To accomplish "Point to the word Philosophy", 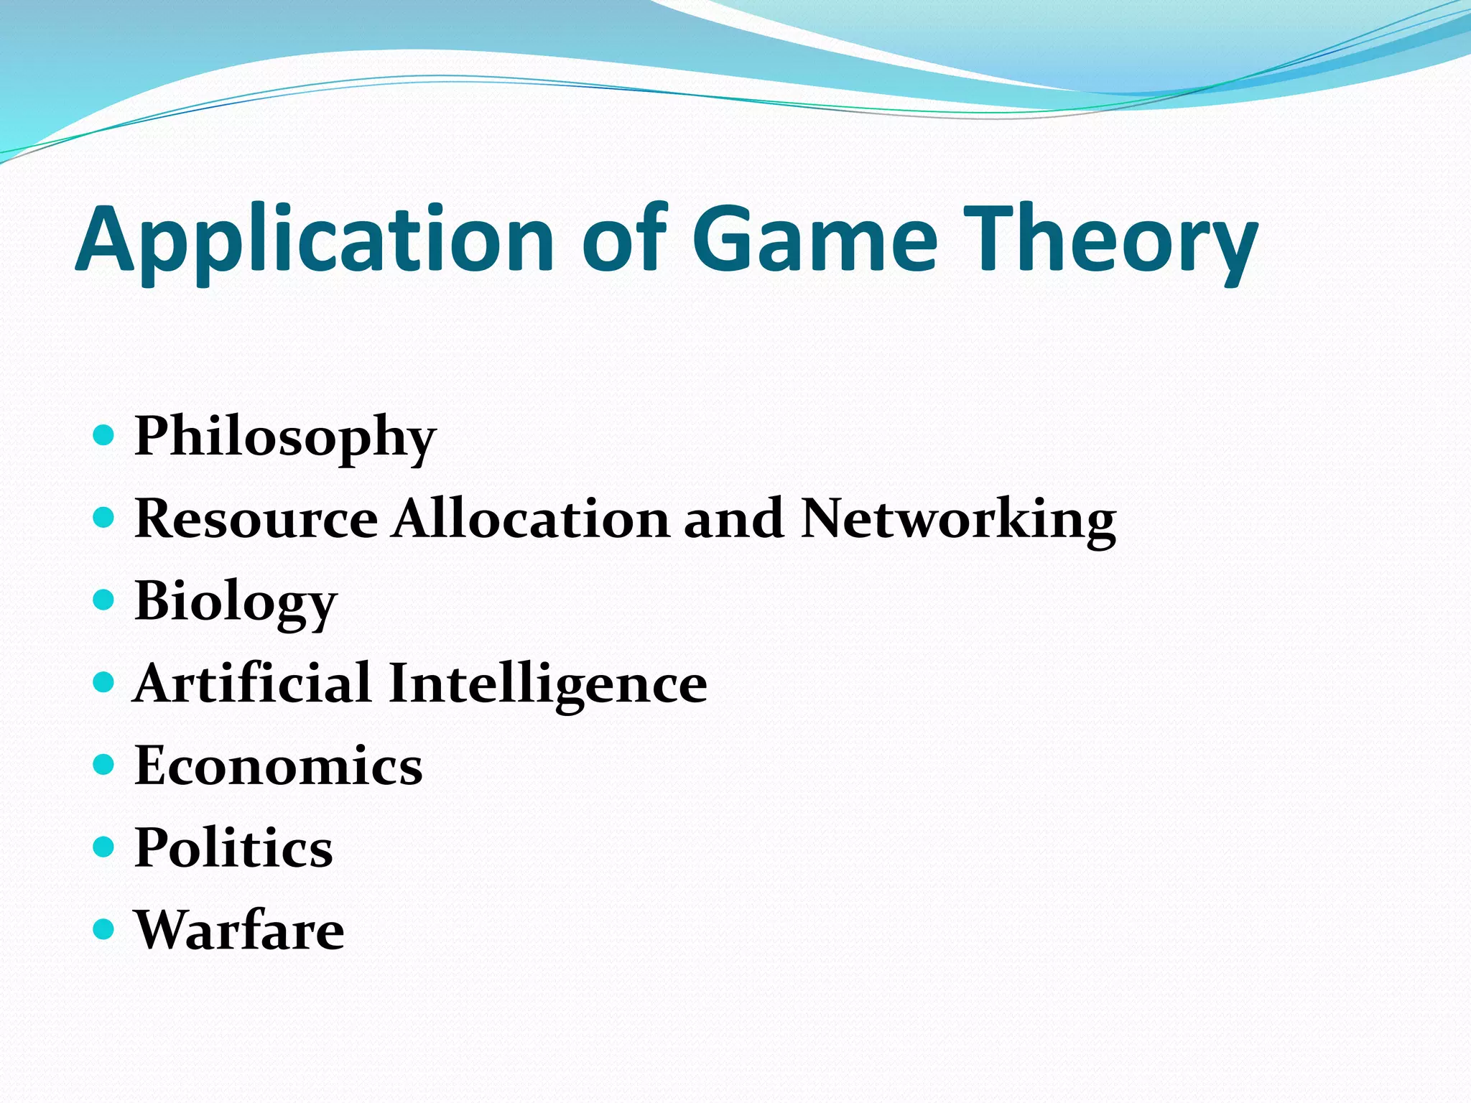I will (x=285, y=437).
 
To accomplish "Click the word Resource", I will (x=256, y=518).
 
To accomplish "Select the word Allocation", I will (x=531, y=518).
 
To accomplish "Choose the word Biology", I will (x=236, y=602).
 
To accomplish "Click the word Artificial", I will (x=252, y=683).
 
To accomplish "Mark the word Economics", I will (x=279, y=765).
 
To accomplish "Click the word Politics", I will (x=233, y=848).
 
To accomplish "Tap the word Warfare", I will (x=239, y=930).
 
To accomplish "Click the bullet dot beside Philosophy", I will (x=104, y=434).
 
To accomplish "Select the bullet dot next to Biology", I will (x=104, y=600).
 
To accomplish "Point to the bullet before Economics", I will (x=104, y=765).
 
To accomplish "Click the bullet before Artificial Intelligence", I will (x=104, y=682).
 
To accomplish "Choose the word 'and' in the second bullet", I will (x=733, y=518).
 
